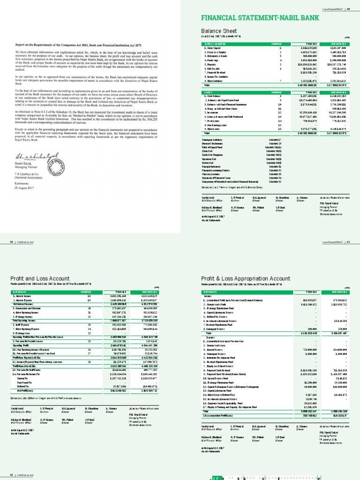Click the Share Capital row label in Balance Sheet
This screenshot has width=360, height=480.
(213, 48)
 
